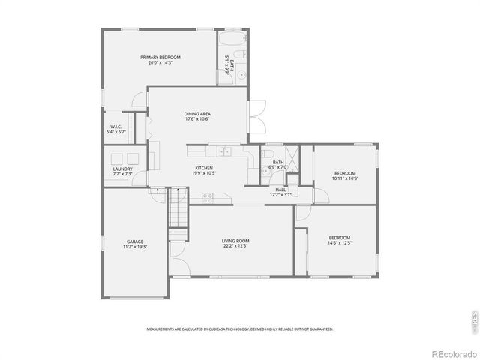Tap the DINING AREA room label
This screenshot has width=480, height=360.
[x=197, y=113]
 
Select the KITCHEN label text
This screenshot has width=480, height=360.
[x=204, y=168]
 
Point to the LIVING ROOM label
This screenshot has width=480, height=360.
[x=235, y=241]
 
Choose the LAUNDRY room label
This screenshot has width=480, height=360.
[x=123, y=169]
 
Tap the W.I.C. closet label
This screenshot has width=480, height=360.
[x=116, y=127]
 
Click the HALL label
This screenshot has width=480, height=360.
[x=280, y=190]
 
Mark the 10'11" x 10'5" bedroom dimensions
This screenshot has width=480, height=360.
[x=345, y=178]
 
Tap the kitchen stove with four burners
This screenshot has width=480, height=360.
[x=208, y=196]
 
